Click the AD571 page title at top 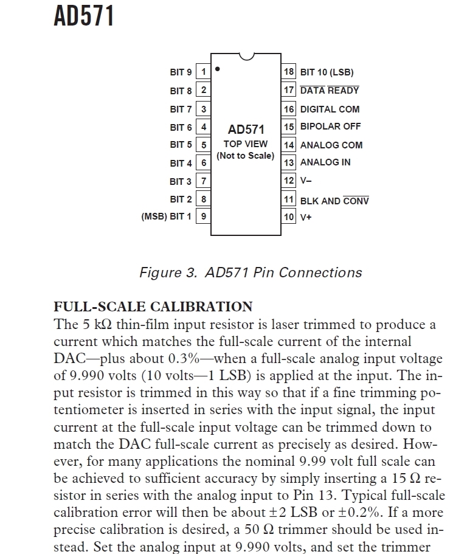coord(84,16)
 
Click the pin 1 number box coord(204,72)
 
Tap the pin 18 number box coord(289,72)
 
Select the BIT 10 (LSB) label coord(327,72)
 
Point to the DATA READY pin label coord(330,91)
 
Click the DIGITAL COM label coord(330,109)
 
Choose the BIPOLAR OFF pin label coord(330,126)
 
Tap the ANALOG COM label coord(331,145)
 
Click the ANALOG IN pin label coord(325,162)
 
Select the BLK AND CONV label coord(334,201)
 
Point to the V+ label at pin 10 coord(306,217)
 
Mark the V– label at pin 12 coord(306,181)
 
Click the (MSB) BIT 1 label coord(166,216)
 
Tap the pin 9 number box coord(204,216)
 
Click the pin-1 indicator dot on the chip coord(218,69)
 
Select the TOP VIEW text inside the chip coord(246,144)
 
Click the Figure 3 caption coord(251,272)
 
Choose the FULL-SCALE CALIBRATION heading coord(153,306)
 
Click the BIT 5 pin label coord(181,145)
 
